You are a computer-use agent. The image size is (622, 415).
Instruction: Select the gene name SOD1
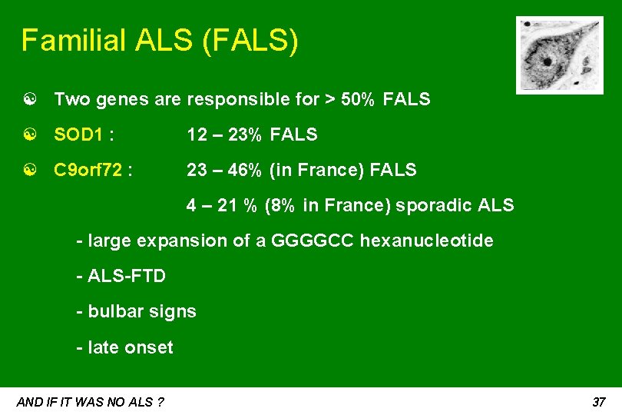[79, 135]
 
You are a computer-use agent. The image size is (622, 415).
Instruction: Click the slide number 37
[600, 402]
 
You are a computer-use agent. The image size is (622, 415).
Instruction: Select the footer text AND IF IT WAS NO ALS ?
[90, 402]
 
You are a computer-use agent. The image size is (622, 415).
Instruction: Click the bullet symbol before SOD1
[28, 135]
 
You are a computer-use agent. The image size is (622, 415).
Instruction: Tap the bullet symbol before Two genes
[28, 99]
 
